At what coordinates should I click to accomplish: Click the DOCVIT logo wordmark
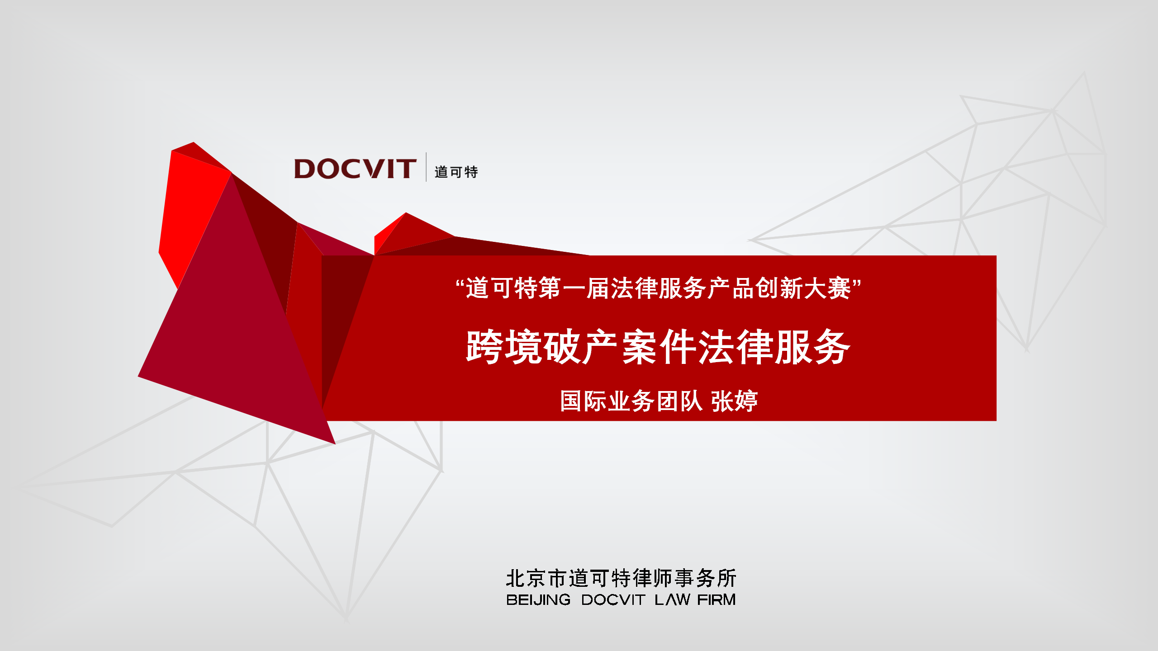(355, 169)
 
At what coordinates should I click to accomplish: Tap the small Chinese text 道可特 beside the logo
(456, 172)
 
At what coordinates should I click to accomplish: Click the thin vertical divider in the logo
(426, 167)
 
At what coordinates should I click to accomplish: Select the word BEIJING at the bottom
(538, 600)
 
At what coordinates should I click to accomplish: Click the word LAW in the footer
(672, 600)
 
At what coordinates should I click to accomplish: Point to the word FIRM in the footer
(717, 600)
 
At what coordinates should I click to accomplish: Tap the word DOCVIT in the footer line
(613, 600)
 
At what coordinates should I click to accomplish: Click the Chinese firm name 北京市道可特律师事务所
(621, 578)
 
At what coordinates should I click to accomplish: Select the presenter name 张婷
(734, 401)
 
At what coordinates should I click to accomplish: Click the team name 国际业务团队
(631, 401)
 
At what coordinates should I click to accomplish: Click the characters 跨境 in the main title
(504, 347)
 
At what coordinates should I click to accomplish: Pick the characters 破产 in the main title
(581, 347)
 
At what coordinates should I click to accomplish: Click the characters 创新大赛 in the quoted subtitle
(803, 288)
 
